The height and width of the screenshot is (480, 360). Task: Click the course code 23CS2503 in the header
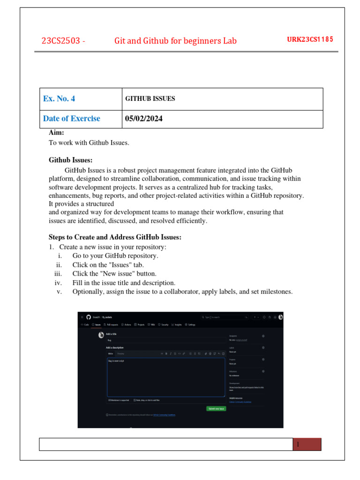(60, 41)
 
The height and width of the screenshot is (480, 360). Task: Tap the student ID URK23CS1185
(310, 39)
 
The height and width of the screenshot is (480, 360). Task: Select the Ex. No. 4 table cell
(59, 99)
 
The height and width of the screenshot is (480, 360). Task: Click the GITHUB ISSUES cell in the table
(150, 99)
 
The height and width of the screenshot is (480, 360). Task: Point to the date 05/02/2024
(144, 119)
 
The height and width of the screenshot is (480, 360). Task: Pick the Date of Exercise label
(71, 119)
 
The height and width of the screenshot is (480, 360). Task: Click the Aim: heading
(56, 133)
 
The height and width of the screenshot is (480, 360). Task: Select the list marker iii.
(58, 274)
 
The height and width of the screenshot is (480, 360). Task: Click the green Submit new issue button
(216, 409)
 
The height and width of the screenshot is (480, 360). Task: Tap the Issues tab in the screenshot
(97, 324)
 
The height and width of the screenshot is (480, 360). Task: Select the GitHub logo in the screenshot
(88, 317)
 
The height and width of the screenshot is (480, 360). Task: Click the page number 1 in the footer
(298, 444)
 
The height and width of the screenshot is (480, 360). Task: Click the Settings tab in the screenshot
(190, 324)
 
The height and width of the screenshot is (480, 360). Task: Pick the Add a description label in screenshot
(115, 347)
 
